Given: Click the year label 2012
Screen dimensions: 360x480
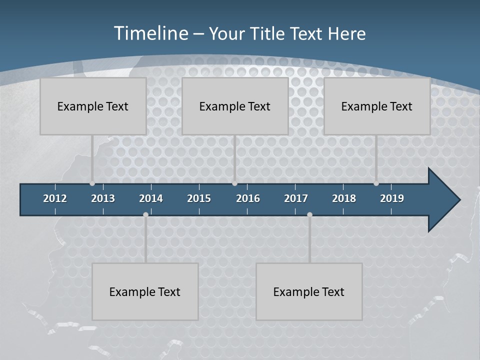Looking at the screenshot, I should click(x=55, y=198).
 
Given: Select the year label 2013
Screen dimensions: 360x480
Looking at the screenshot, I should click(x=103, y=198).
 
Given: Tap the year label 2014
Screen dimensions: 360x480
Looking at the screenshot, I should click(x=151, y=198).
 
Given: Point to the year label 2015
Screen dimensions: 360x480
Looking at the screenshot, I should click(x=199, y=198).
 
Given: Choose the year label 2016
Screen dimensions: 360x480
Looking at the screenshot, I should click(x=248, y=198).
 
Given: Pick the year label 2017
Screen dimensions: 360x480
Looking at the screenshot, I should click(x=296, y=198).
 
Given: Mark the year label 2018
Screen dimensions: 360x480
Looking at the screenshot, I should click(x=344, y=198).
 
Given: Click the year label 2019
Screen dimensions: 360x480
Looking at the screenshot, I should click(x=392, y=198).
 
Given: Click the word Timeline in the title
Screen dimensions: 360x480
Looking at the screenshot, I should click(x=150, y=33).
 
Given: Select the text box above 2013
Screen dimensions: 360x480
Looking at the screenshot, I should click(x=93, y=106).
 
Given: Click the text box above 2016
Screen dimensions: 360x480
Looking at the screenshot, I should click(x=235, y=106).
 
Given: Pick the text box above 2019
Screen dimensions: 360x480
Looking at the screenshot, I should click(x=377, y=106).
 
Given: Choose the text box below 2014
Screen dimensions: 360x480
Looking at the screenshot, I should click(x=145, y=291).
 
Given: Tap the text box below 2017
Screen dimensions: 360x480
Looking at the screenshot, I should click(x=309, y=291).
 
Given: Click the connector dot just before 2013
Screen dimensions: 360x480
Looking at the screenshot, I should click(x=92, y=183).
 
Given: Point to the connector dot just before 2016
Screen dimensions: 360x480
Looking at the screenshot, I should click(x=234, y=183).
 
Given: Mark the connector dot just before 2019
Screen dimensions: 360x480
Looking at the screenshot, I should click(x=376, y=183).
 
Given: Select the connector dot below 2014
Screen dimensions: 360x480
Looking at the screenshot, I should click(x=145, y=214).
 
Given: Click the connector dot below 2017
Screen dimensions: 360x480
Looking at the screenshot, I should click(x=309, y=214).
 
